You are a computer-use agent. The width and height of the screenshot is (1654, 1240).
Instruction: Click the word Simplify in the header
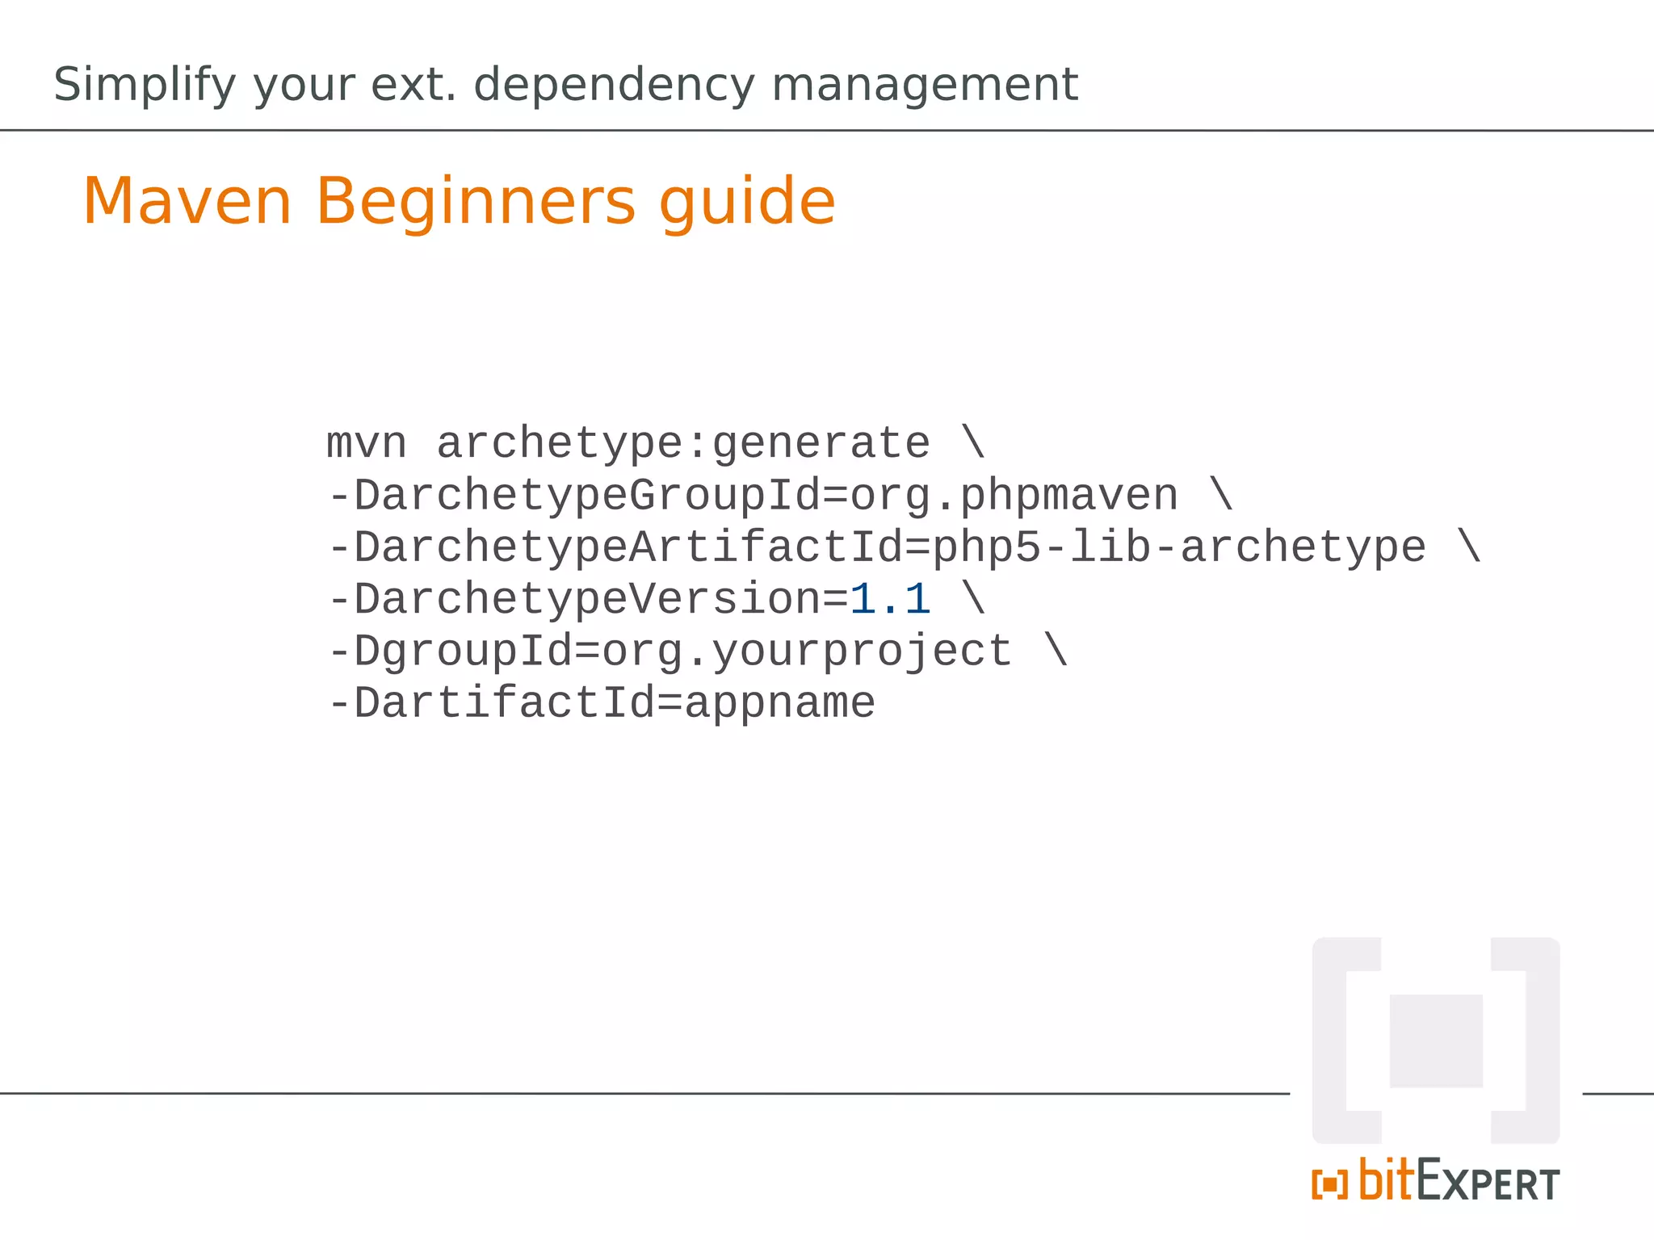145,85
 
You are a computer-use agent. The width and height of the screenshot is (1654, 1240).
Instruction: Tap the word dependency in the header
614,85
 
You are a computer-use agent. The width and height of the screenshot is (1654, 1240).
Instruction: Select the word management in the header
925,85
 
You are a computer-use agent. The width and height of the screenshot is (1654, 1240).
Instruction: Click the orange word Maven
187,201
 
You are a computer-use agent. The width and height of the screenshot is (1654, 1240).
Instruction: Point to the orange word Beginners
476,201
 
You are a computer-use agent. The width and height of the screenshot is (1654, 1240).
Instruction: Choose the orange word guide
747,201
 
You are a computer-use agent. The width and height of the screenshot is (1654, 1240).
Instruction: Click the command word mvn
366,443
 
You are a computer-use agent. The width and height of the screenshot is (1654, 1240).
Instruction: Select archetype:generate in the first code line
683,443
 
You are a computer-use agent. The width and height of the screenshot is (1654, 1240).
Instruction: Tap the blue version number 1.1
890,599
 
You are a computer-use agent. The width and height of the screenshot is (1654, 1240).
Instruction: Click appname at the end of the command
779,702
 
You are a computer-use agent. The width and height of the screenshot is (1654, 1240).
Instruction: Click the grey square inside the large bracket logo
1436,1041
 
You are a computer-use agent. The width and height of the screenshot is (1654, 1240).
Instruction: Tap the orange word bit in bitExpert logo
1385,1180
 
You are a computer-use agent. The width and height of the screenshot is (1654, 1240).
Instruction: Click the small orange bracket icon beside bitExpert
1329,1185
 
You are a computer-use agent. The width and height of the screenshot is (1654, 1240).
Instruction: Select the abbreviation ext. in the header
413,85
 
